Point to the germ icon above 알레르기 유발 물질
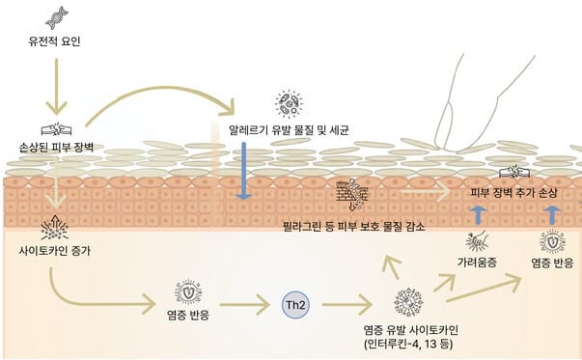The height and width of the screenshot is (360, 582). tap(287, 103)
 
